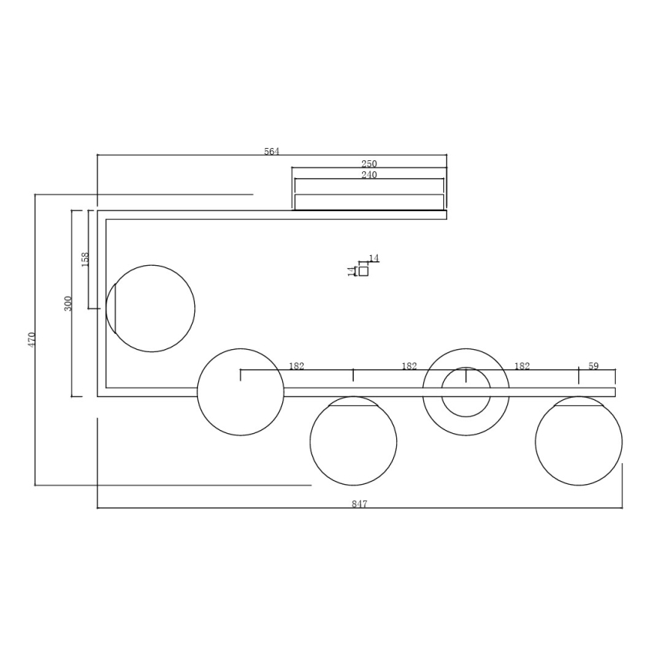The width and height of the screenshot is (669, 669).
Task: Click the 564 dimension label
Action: [x=271, y=152]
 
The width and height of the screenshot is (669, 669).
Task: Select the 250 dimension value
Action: [x=369, y=164]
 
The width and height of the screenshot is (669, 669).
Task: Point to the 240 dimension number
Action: [x=369, y=175]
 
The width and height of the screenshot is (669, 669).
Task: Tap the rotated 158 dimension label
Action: [x=86, y=259]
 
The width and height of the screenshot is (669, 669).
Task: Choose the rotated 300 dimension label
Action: [x=68, y=303]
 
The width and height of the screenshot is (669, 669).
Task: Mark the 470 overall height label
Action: [x=32, y=339]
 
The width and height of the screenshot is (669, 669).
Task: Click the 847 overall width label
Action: [x=359, y=504]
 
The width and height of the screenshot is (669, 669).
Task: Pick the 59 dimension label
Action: [x=593, y=366]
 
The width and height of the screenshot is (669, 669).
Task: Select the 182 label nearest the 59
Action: [x=522, y=366]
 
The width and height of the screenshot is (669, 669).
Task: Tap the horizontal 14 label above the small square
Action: [x=374, y=258]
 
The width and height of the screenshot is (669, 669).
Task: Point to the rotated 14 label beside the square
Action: [x=351, y=271]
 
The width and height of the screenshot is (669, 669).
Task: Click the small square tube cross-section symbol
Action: [x=364, y=271]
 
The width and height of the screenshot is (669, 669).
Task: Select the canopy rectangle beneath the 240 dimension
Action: [x=369, y=202]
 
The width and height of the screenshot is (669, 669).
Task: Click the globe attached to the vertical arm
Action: [x=152, y=308]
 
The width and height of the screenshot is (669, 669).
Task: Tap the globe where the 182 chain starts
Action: [x=240, y=392]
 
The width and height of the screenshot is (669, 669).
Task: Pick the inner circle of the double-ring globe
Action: [x=466, y=392]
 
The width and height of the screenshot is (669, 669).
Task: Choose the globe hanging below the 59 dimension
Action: [x=578, y=442]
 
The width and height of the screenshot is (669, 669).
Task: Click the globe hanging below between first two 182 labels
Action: [x=353, y=442]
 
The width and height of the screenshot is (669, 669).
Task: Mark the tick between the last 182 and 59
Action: [x=578, y=375]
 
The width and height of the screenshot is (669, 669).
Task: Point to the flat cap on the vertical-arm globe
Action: [x=111, y=308]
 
